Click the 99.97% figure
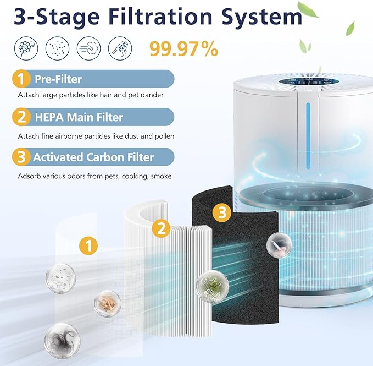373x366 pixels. [183, 49]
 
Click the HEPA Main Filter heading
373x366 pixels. [79, 117]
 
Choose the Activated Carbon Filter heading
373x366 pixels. [93, 157]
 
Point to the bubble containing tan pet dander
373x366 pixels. [108, 302]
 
